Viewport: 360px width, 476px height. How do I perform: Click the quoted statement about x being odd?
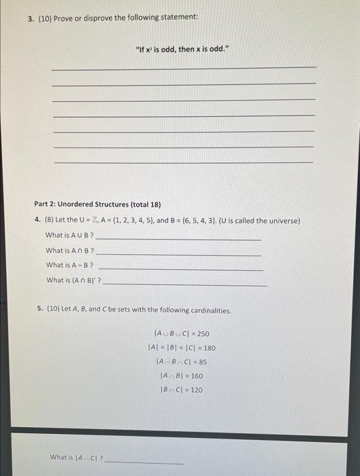180,50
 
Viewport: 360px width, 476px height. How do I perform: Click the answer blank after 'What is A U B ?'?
178,239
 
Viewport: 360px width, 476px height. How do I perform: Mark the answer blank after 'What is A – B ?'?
181,269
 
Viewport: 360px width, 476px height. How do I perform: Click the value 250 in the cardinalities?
202,334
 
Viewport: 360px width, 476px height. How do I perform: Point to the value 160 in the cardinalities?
195,375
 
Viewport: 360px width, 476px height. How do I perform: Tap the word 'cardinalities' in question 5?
210,310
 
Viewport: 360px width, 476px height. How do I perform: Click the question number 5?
40,310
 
